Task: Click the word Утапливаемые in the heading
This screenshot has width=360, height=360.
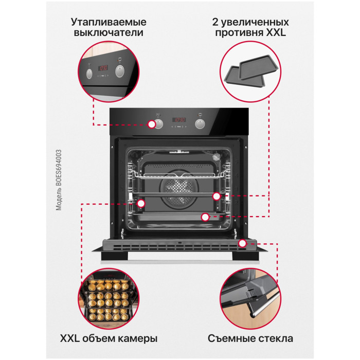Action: (x=109, y=22)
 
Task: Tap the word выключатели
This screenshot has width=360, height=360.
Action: (x=109, y=32)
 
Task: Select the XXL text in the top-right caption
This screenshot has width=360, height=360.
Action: (x=276, y=32)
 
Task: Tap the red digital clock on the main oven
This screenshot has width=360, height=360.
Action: (x=179, y=120)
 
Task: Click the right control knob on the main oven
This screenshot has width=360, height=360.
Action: (x=200, y=124)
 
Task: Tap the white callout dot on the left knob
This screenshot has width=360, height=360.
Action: (x=152, y=124)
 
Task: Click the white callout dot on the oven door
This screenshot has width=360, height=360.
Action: (x=242, y=243)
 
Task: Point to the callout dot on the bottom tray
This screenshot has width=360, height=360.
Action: (x=205, y=217)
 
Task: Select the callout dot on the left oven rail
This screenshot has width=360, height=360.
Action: (x=141, y=204)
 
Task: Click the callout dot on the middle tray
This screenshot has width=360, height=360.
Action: (x=217, y=196)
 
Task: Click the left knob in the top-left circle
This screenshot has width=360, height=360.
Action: (x=89, y=73)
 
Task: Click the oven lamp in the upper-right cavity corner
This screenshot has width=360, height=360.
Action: (x=216, y=157)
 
